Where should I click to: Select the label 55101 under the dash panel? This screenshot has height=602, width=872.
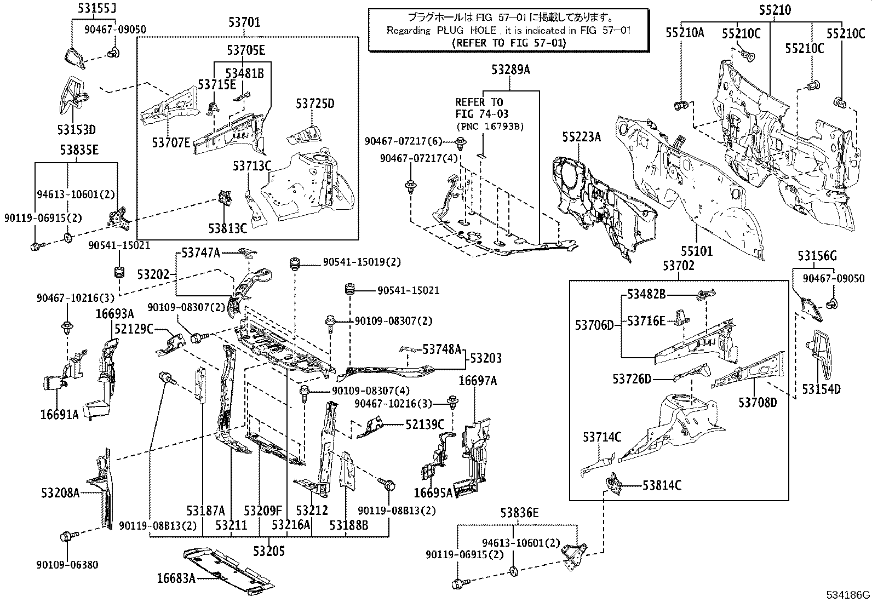[x=697, y=251]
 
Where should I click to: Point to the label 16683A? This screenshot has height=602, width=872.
[x=176, y=578]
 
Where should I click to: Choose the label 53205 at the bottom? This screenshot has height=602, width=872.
[x=268, y=551]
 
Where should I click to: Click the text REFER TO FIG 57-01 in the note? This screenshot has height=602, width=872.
[x=509, y=43]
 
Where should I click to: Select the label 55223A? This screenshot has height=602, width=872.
[x=581, y=137]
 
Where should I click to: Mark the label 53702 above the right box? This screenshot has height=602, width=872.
[x=679, y=266]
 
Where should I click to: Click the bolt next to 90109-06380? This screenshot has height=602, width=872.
[x=68, y=536]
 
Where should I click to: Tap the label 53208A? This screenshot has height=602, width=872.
[x=60, y=493]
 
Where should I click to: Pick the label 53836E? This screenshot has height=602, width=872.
[x=519, y=513]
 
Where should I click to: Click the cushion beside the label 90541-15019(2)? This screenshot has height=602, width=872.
[x=296, y=263]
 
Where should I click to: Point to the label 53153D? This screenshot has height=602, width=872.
[x=76, y=130]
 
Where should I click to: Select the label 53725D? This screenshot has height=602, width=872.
[x=315, y=103]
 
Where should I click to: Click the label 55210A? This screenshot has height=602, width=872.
[x=685, y=33]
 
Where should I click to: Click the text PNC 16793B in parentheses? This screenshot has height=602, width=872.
[x=489, y=127]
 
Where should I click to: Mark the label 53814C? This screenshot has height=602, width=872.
[x=662, y=485]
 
